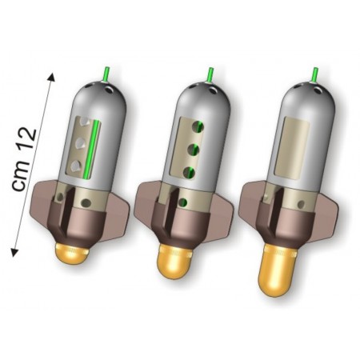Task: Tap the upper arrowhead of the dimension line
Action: (52, 77)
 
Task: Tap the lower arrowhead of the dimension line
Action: (14, 252)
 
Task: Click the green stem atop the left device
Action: (106, 74)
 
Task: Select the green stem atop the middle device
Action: (210, 75)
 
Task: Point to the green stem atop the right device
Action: (315, 75)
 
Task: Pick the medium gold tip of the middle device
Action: (174, 262)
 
